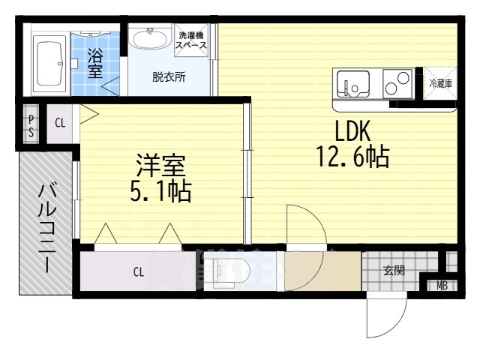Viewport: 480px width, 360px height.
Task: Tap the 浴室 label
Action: click(94, 63)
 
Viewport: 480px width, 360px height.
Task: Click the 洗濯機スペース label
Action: click(192, 40)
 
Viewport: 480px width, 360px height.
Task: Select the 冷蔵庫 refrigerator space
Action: click(440, 83)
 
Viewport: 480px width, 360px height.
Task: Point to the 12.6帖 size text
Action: click(352, 157)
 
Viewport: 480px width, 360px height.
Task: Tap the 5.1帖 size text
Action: click(160, 192)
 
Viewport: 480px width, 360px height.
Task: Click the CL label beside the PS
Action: click(60, 123)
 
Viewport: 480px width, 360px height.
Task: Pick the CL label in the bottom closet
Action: click(139, 272)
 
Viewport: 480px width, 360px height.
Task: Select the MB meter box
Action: click(442, 286)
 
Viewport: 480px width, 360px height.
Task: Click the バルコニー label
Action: click(45, 223)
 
